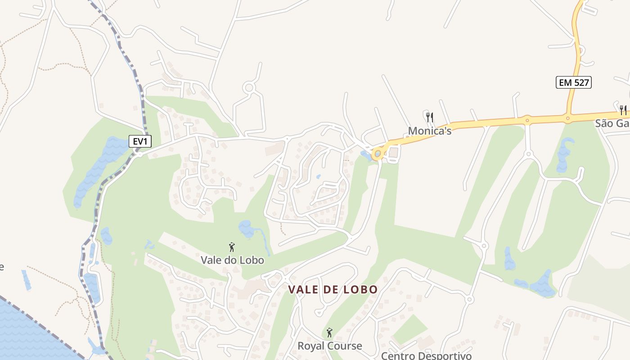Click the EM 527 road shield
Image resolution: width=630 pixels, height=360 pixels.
click(x=573, y=82)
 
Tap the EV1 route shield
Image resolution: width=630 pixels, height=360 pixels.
click(x=140, y=141)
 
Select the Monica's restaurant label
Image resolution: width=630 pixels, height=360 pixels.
click(x=429, y=131)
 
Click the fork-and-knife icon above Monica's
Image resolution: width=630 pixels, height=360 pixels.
click(x=430, y=117)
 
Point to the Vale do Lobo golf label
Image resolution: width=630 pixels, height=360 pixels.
click(x=232, y=260)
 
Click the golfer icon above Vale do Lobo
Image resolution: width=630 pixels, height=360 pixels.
click(x=232, y=247)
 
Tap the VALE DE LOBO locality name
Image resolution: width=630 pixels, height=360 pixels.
click(x=333, y=289)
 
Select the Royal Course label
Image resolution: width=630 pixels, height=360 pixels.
click(x=329, y=346)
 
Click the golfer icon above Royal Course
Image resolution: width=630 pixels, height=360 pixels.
click(x=329, y=333)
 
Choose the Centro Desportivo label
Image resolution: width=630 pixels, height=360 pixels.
click(x=426, y=356)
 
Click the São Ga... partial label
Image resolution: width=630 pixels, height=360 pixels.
click(x=612, y=123)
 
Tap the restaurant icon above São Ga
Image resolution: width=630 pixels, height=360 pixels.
click(x=623, y=109)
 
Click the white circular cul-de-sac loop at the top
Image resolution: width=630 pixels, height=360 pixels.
click(x=249, y=87)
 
